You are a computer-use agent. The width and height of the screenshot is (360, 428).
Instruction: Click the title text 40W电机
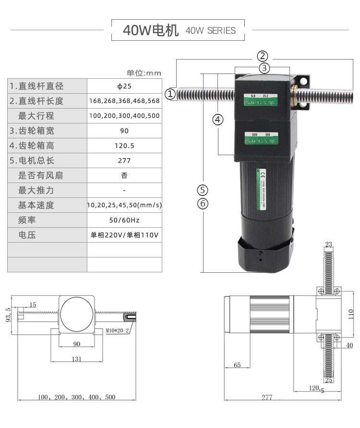point(150,30)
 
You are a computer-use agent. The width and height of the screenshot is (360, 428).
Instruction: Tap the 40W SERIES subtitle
point(210,31)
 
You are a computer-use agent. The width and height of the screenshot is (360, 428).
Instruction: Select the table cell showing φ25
point(124,86)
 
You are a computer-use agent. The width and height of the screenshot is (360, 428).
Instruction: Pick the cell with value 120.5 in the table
point(124,146)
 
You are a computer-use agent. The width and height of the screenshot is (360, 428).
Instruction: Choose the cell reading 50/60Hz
point(124,220)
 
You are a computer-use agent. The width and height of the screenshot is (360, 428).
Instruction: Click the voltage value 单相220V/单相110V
point(124,235)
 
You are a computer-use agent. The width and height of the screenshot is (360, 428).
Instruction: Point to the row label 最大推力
point(36,190)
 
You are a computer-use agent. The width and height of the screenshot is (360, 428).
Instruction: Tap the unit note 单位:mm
point(144,73)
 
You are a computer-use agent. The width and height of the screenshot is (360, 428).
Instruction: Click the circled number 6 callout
point(203,204)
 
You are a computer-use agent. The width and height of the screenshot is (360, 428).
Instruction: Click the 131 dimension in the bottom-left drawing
point(76,358)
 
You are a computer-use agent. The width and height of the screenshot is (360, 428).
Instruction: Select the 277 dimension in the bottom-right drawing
point(267,397)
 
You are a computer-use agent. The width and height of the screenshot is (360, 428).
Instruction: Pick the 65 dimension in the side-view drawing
point(237,365)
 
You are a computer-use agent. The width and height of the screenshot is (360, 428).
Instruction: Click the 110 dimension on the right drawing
point(351,314)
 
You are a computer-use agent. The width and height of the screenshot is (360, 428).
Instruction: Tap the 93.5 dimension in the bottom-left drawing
point(8,316)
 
